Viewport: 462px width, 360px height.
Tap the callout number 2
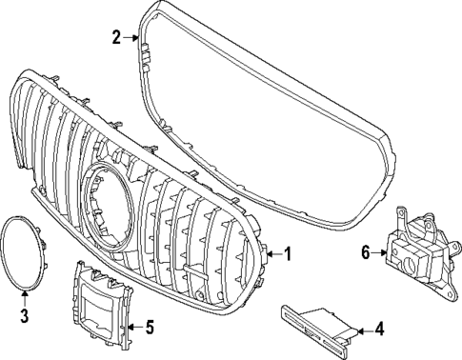116,38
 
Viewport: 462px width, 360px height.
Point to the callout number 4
379,330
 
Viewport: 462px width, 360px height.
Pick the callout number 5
149,329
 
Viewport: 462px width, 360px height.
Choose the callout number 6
365,252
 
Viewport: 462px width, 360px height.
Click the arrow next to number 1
272,254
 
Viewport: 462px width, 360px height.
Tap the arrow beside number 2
132,38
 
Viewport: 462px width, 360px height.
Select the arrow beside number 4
360,330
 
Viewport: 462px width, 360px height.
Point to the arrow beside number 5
132,329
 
